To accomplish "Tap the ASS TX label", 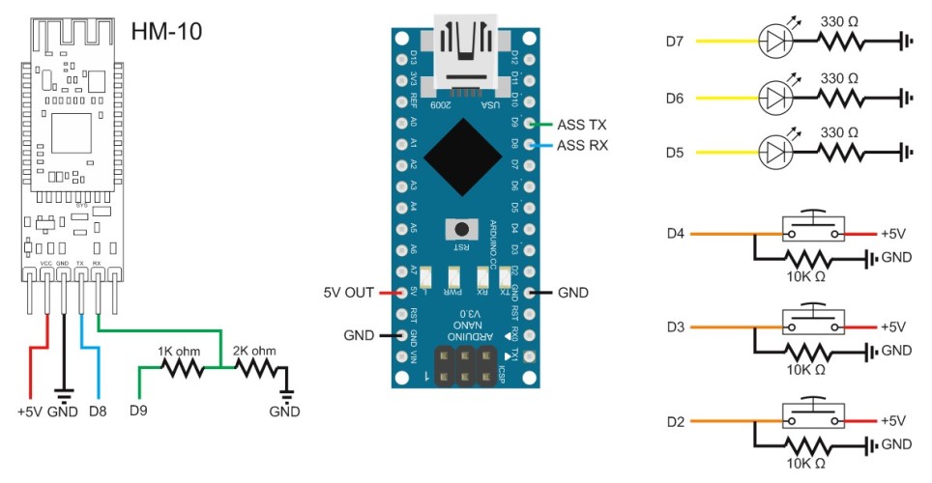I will tap(583, 125).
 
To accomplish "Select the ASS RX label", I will tap(583, 146).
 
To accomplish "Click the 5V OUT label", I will tap(346, 291).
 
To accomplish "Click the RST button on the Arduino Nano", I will tap(462, 230).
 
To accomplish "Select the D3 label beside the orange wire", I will tap(676, 327).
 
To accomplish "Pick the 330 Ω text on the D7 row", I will tap(837, 21).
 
